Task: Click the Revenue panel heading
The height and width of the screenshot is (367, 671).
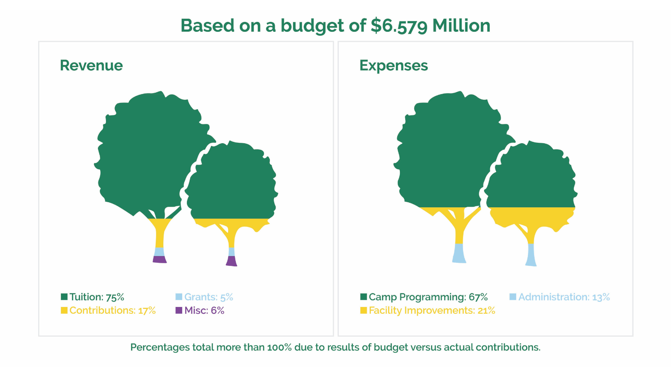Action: (x=91, y=65)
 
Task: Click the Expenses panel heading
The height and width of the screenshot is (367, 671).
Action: (x=394, y=65)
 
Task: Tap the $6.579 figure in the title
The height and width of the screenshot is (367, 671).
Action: (x=399, y=26)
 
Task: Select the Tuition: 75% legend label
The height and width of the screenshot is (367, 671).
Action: (x=97, y=297)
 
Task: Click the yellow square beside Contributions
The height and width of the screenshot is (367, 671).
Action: (x=64, y=310)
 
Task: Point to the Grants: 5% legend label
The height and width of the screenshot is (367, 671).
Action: (x=208, y=297)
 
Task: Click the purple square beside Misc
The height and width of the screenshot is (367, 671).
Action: (x=179, y=310)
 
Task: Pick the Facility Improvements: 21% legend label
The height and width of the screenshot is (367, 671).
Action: (x=432, y=311)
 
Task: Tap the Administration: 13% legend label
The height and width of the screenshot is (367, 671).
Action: (x=564, y=297)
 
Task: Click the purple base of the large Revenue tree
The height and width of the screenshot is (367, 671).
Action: (x=160, y=259)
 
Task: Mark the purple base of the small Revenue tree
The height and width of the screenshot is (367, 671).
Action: (x=231, y=261)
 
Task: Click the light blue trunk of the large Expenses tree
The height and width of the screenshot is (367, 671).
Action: (x=459, y=253)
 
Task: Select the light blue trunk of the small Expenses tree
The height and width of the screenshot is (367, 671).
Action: (x=531, y=255)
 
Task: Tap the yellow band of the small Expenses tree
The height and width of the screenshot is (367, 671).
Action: (x=532, y=216)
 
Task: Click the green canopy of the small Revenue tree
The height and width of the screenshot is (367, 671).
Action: (x=233, y=183)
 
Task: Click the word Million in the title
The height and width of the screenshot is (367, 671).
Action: (x=461, y=26)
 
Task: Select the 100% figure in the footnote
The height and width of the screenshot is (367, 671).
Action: (x=280, y=347)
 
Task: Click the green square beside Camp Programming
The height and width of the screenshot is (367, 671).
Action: (x=364, y=297)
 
